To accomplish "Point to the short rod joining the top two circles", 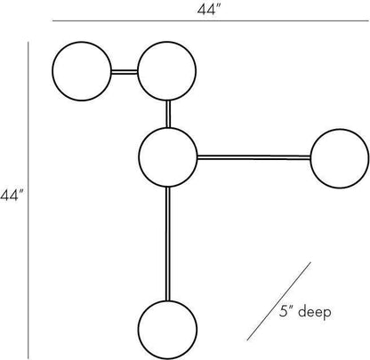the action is pos(125,71).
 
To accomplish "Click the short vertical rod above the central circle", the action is pos(168,115).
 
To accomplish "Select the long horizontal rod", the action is pos(253,157).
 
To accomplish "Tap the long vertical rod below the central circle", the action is pos(168,244).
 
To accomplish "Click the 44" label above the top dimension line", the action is pos(210,10).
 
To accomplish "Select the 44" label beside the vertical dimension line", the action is pos(12,196).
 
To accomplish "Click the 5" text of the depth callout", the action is pos(286,311).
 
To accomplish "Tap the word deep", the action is pos(314,312).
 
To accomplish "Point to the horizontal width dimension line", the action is pos(211,21).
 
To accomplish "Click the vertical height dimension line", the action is pos(28,200).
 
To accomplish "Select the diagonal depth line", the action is pos(278,301).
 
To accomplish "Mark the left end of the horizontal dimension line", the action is pos(52,21).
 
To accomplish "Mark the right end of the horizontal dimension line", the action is pos(368,21).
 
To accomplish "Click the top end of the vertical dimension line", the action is pos(28,42).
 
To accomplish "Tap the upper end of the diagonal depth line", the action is pos(310,262).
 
